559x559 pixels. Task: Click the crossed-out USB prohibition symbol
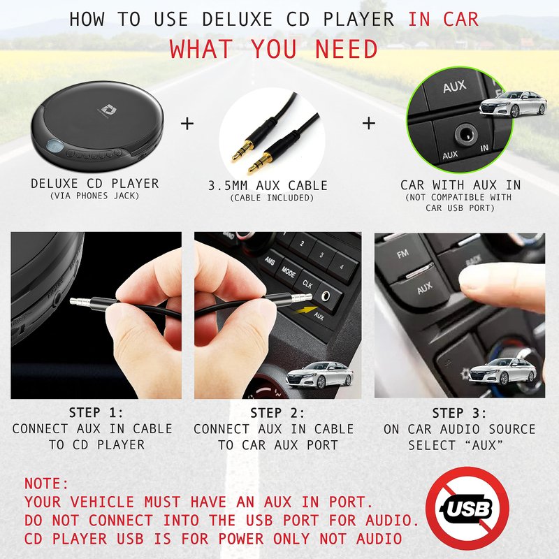467,509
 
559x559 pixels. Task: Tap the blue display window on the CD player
55,146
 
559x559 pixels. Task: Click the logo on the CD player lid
106,110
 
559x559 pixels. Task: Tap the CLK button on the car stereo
307,284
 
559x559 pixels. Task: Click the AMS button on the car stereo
270,261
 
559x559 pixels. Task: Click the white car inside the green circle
513,103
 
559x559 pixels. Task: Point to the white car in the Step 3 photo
502,372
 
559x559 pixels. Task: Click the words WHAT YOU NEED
273,49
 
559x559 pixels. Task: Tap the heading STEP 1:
96,412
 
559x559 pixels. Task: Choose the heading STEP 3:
460,413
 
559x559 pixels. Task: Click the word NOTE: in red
46,484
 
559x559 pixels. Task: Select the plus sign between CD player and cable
187,124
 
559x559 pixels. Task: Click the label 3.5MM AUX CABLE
268,186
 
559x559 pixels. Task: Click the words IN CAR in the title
443,19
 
